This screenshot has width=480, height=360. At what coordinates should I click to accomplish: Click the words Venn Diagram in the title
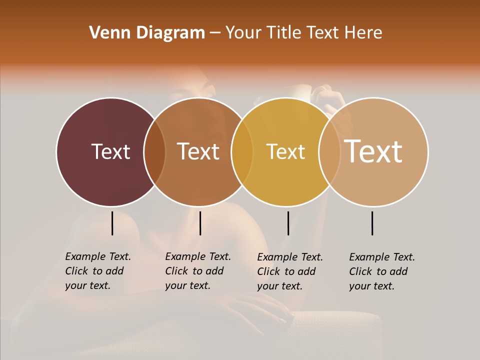147,33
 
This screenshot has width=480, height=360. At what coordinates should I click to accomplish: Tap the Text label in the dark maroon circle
110,151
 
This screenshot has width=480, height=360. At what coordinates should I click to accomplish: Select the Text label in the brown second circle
198,151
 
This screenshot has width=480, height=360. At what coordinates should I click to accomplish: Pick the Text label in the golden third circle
285,151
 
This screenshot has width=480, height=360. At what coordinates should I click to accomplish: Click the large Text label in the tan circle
373,151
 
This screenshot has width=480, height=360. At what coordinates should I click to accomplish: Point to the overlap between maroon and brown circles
154,151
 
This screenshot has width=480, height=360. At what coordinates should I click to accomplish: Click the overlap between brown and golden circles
242,151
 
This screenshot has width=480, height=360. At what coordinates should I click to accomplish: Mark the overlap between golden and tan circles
329,151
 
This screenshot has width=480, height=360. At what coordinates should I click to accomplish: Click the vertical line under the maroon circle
112,223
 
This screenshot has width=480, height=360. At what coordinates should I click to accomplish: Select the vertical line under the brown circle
200,223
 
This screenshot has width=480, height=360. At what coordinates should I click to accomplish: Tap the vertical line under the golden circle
288,223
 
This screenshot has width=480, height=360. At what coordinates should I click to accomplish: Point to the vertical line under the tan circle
372,223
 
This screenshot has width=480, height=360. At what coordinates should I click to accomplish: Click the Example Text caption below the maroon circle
97,271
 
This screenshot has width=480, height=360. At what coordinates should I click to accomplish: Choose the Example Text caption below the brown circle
197,271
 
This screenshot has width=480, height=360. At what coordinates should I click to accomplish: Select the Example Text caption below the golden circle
289,271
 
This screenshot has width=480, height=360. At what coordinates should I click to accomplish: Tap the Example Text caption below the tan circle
381,271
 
